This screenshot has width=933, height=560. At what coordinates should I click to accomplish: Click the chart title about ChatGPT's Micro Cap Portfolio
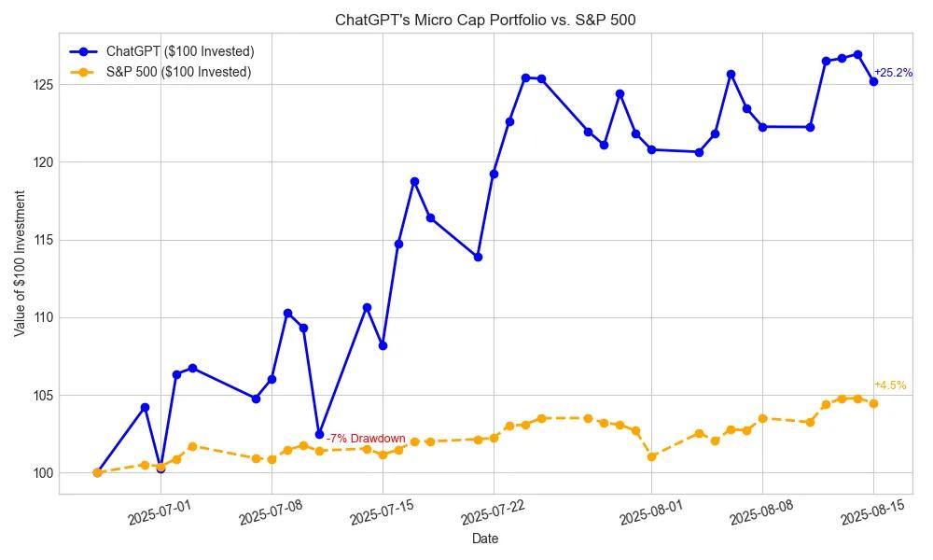point(485,20)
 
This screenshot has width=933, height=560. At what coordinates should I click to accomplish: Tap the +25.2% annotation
point(893,73)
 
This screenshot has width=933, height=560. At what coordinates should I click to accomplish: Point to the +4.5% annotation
point(890,385)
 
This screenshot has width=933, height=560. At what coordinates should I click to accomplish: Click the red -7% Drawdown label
point(366,439)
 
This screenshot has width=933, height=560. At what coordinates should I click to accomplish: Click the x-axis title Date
point(485,539)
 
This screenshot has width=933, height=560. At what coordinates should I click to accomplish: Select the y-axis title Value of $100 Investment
point(20,263)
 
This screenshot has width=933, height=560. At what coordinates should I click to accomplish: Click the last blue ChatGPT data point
point(873,81)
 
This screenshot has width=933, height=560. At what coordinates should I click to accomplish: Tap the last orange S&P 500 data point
point(873,403)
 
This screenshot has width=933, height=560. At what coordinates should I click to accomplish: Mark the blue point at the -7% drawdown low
point(319,434)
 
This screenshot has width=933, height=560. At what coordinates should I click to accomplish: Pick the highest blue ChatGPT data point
point(857,54)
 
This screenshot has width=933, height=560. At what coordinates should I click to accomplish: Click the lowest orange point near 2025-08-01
point(651,456)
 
